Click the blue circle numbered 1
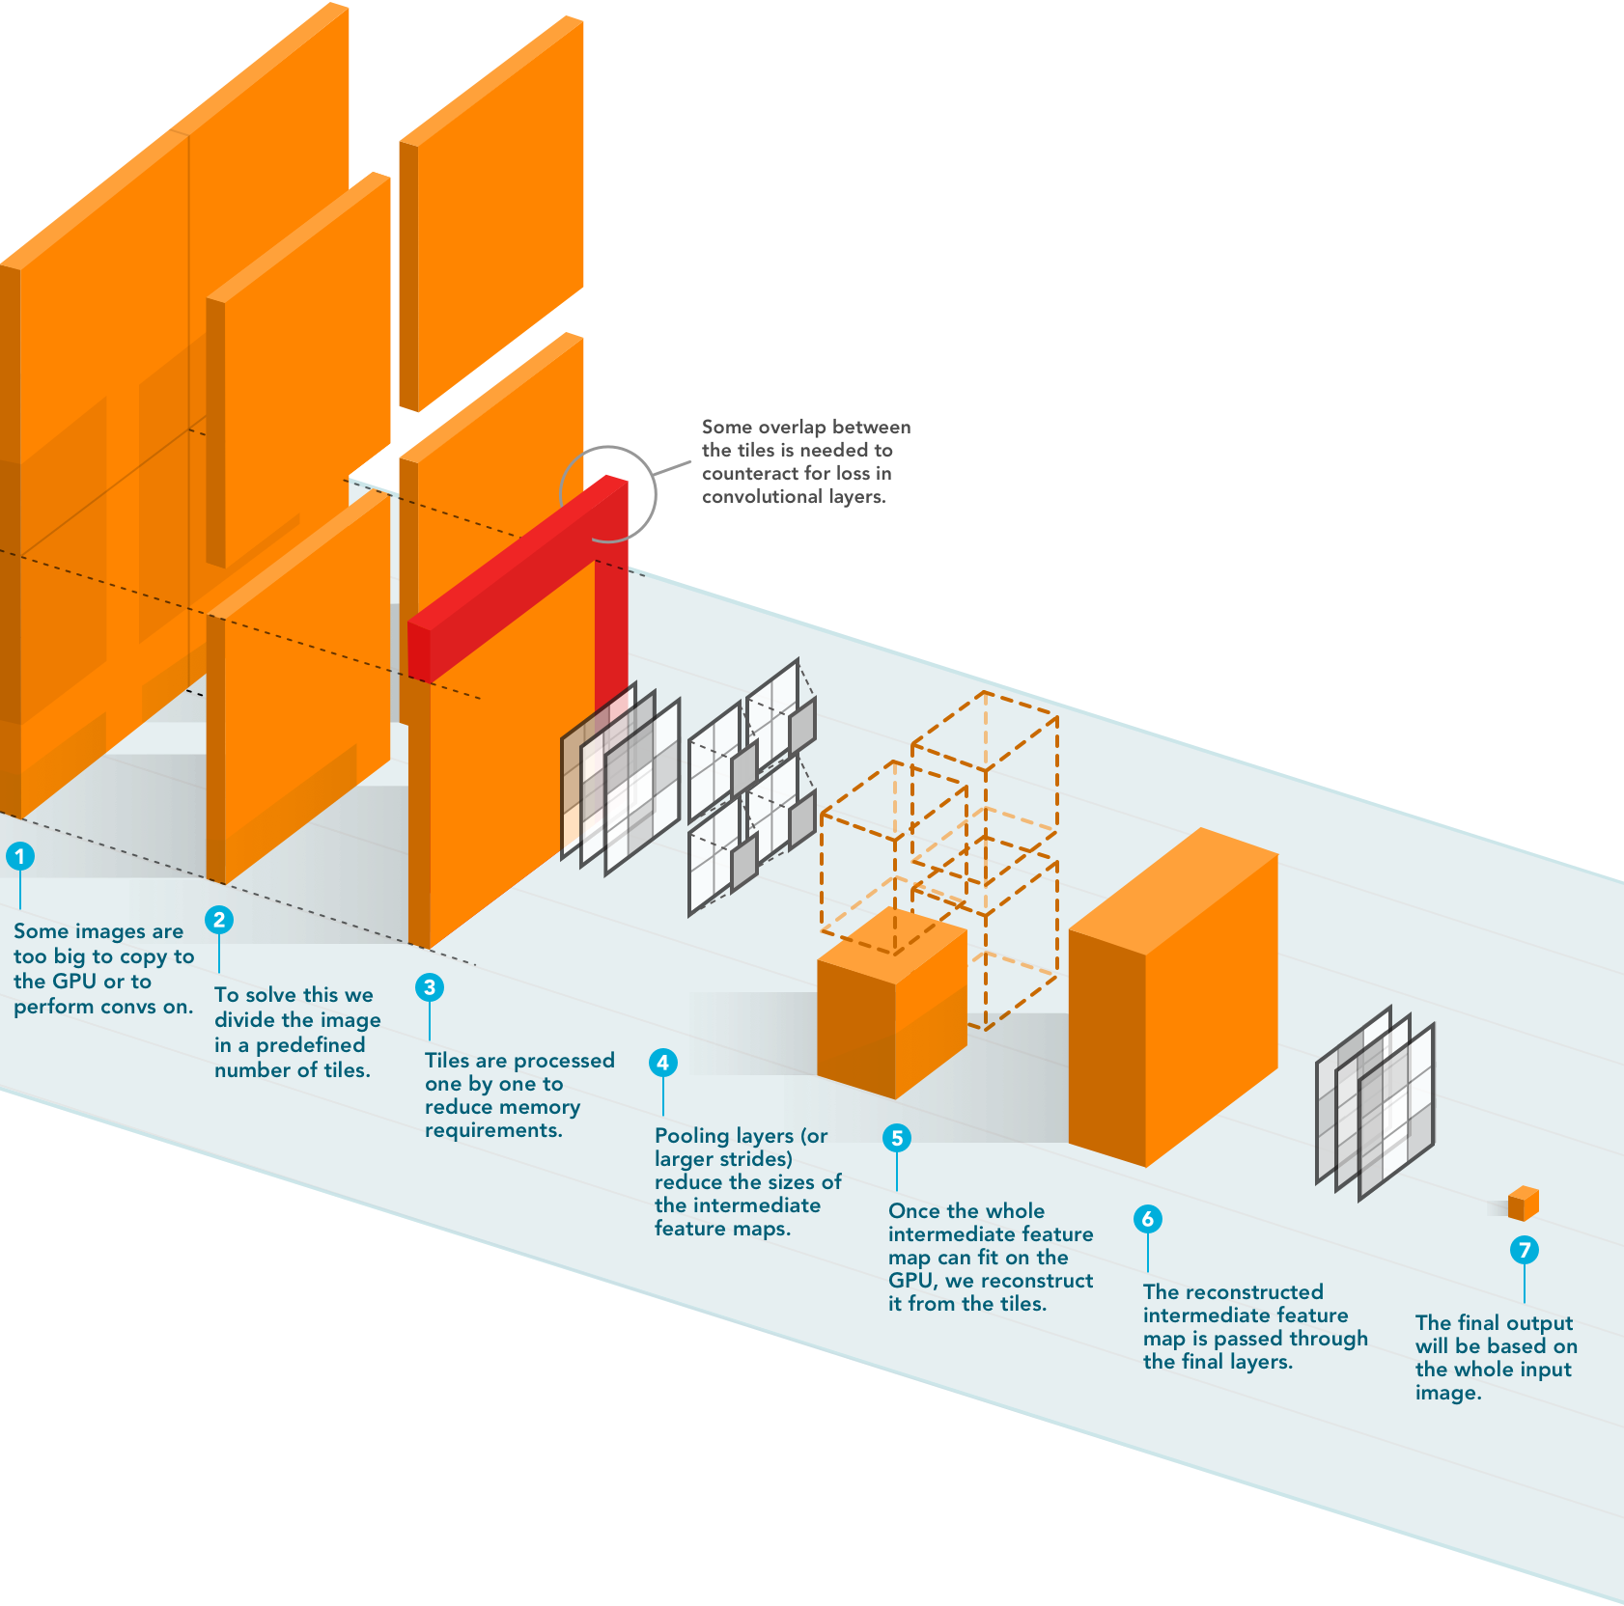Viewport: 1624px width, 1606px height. click(x=19, y=856)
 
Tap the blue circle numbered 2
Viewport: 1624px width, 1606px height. click(x=219, y=920)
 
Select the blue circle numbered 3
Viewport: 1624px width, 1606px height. click(x=430, y=987)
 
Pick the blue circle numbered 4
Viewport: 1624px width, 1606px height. click(x=662, y=1063)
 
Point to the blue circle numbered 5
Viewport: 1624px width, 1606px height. click(x=897, y=1138)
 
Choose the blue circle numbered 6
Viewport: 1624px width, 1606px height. click(x=1147, y=1219)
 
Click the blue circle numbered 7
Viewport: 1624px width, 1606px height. click(x=1524, y=1251)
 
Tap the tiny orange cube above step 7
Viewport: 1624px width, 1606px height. click(x=1523, y=1204)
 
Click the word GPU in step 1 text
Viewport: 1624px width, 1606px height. click(x=73, y=982)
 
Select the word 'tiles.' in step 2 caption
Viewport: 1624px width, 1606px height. click(x=347, y=1070)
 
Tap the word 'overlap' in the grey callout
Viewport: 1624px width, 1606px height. click(x=792, y=427)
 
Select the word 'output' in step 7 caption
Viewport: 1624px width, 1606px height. click(x=1539, y=1323)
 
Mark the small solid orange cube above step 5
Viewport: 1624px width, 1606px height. click(x=891, y=1004)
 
